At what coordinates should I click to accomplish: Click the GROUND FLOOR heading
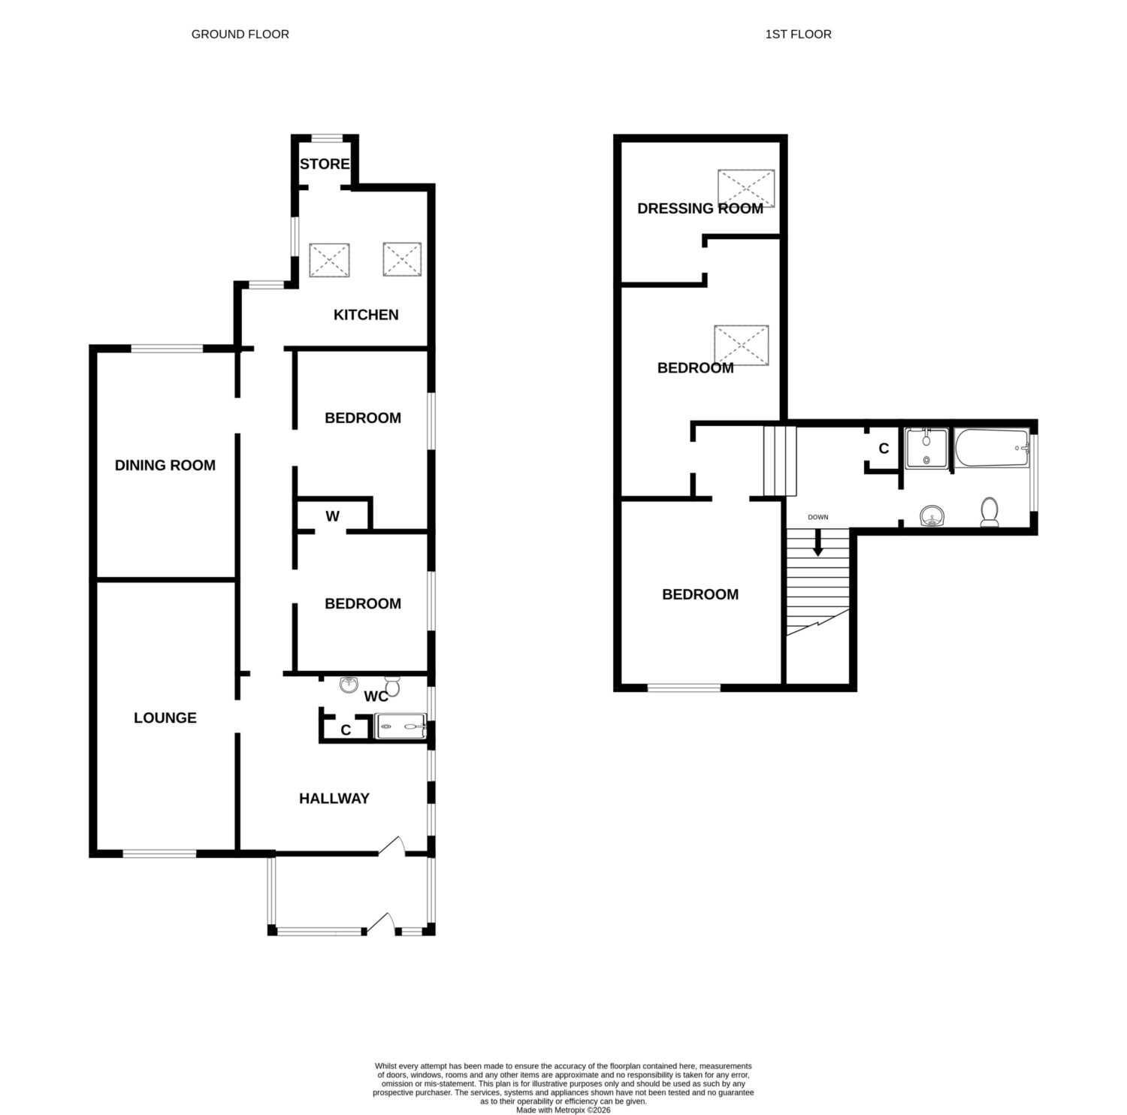pyautogui.click(x=240, y=34)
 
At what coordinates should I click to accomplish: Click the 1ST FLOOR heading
pyautogui.click(x=798, y=34)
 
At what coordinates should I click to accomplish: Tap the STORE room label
pyautogui.click(x=325, y=164)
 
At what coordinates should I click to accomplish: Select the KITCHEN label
pyautogui.click(x=366, y=315)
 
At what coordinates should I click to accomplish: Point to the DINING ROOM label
pyautogui.click(x=165, y=465)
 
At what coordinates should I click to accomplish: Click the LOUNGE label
pyautogui.click(x=165, y=718)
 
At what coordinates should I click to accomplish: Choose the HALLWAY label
pyautogui.click(x=334, y=798)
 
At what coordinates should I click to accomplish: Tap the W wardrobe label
pyautogui.click(x=333, y=516)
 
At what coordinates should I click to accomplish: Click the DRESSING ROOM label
pyautogui.click(x=700, y=208)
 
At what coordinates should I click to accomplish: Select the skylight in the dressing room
pyautogui.click(x=745, y=188)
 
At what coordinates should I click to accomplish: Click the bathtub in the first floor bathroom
pyautogui.click(x=991, y=449)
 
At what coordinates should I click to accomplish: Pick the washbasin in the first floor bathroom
pyautogui.click(x=932, y=516)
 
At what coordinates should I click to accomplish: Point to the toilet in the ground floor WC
pyautogui.click(x=392, y=686)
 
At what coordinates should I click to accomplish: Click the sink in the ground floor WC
pyautogui.click(x=349, y=684)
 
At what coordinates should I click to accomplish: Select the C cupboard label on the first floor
pyautogui.click(x=884, y=449)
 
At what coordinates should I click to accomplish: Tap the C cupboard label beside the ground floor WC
pyautogui.click(x=346, y=730)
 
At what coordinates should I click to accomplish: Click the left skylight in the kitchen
pyautogui.click(x=329, y=260)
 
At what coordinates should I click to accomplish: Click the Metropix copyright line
pyautogui.click(x=563, y=1109)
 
